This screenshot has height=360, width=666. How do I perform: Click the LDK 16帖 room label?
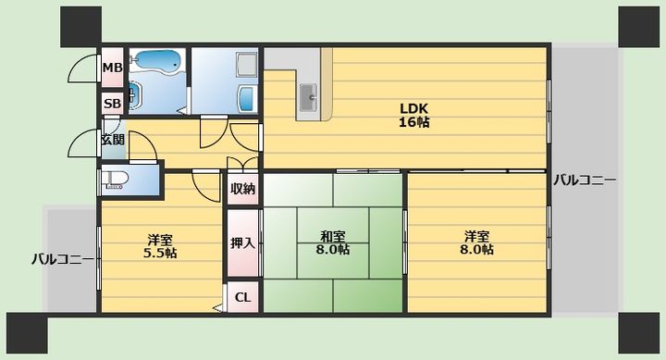click(x=413, y=115)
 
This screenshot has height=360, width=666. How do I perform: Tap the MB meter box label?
click(x=113, y=68)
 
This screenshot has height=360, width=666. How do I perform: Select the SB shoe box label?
click(x=113, y=104)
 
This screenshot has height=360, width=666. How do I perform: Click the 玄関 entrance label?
click(x=113, y=140)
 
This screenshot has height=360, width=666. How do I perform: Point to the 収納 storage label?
click(x=242, y=188)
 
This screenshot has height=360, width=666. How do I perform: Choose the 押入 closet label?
click(x=242, y=243)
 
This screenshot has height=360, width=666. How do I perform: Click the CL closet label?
click(x=242, y=297)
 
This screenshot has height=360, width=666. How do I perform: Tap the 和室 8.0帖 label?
click(x=333, y=242)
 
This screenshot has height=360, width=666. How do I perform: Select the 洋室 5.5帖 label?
click(x=160, y=246)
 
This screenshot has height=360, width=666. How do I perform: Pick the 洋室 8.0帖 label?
click(x=476, y=242)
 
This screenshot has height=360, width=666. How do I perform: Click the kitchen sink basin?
click(x=308, y=97)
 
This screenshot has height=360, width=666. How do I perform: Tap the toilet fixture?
click(x=114, y=180)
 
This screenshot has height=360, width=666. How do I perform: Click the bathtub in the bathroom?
click(x=157, y=61)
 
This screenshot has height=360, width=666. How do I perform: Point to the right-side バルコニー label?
click(x=585, y=180)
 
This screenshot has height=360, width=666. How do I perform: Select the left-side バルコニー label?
click(x=63, y=259)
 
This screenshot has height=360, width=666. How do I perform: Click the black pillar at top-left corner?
click(x=80, y=26)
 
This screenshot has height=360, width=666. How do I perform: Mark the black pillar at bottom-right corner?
click(x=638, y=333)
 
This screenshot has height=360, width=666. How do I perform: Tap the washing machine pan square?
click(x=246, y=65)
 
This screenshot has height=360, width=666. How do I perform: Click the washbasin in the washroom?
click(x=247, y=99)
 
